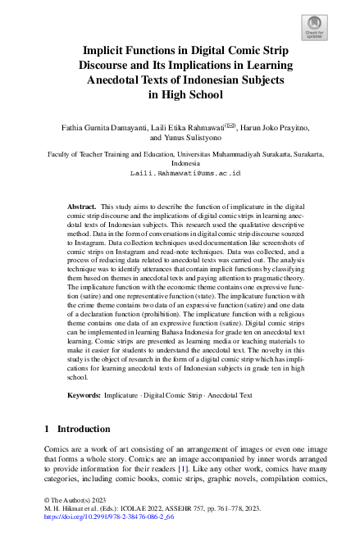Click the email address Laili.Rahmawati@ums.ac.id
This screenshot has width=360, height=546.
180,174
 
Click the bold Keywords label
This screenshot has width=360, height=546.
85,395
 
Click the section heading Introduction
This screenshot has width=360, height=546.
84,429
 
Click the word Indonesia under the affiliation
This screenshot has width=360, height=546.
180,163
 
